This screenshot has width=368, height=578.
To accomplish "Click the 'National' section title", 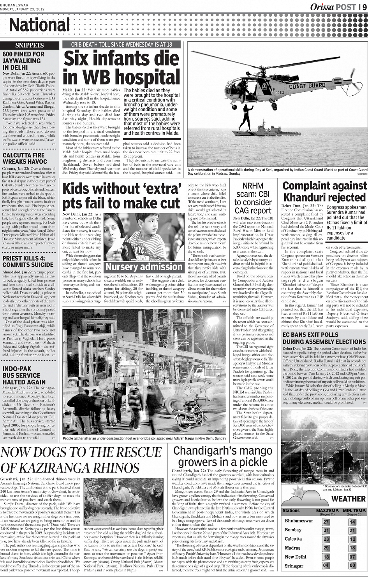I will coord(39,25).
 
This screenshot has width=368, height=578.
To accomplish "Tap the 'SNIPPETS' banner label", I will coord(30,46).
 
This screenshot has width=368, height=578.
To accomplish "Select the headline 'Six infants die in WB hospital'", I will coord(121,67).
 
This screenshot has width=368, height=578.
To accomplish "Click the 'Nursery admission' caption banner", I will coord(144,267).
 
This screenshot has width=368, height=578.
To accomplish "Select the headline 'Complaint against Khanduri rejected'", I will coord(324,191).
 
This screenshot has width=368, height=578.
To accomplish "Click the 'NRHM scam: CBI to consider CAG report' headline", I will coord(253,198).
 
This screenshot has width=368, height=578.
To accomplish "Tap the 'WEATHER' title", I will coord(348,499).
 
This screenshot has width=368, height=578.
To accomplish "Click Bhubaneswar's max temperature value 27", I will coord(326,522).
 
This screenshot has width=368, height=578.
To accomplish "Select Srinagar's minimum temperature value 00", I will coord(352,566).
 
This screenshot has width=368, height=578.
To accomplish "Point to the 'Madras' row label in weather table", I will coord(292,548).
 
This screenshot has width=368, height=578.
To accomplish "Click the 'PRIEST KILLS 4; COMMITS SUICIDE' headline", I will coord(28,261).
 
